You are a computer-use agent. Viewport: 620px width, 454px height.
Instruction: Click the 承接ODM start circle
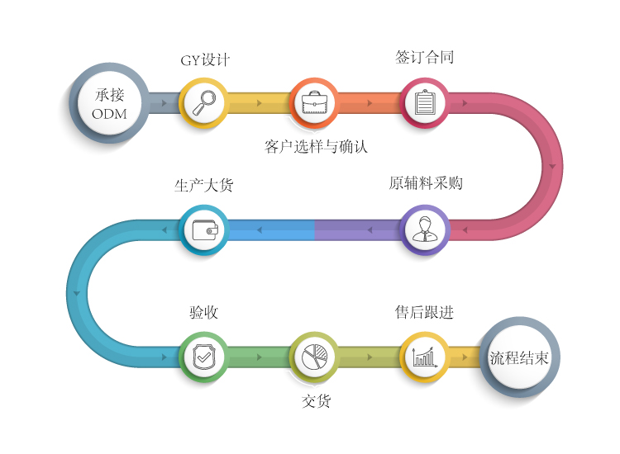pos(109,104)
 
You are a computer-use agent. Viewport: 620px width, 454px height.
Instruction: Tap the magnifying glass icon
pos(203,103)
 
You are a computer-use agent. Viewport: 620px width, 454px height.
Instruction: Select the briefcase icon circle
pos(315,103)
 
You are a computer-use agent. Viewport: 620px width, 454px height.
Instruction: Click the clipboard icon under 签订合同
pos(424,103)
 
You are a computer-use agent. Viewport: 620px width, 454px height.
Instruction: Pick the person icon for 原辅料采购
pos(424,229)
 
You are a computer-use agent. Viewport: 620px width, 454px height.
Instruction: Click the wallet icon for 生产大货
pos(203,229)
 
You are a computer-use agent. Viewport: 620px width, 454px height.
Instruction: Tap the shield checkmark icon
pos(203,357)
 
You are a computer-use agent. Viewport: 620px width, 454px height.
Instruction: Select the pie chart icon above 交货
pos(315,357)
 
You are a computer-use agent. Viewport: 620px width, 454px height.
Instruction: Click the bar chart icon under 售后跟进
pos(424,357)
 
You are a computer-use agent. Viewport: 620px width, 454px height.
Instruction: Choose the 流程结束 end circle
pos(519,358)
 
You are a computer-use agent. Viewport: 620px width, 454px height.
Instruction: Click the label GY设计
pos(205,60)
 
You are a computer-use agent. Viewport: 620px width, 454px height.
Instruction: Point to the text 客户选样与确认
pos(316,147)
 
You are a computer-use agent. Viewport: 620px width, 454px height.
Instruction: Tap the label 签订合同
pos(425,58)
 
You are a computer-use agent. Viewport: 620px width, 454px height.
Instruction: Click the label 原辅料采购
pos(426,183)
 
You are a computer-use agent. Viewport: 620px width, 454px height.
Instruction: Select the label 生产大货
pos(203,186)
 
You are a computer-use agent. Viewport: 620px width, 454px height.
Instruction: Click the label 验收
pos(203,313)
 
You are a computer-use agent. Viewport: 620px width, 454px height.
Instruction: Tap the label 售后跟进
pos(424,313)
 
